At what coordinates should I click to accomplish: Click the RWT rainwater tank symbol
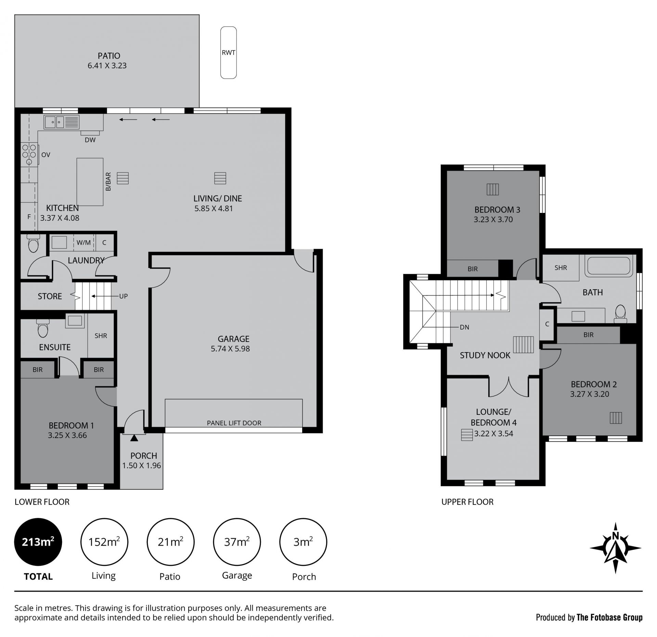coord(229,52)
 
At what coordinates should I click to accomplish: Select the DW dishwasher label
coord(90,140)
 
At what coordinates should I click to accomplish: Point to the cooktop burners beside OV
coord(29,155)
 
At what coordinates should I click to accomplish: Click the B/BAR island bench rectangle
coord(90,182)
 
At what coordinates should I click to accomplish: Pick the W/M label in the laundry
coord(84,243)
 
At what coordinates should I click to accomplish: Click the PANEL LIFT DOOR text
coord(234,423)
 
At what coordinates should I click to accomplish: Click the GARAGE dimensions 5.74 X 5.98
coord(230,349)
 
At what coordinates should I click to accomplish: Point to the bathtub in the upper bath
coord(609,267)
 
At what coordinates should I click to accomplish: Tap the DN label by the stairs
coord(464,327)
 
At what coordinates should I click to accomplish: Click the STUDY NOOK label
coord(485,355)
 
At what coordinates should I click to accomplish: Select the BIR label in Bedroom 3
coord(473,269)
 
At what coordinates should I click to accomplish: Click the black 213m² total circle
coord(38,542)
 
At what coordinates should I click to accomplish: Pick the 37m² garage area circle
coord(237,542)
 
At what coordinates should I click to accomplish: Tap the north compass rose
coord(616,548)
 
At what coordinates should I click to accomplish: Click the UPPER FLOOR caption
coord(467,502)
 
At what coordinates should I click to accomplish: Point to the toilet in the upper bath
coord(620,314)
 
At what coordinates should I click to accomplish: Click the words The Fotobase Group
coord(609,617)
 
